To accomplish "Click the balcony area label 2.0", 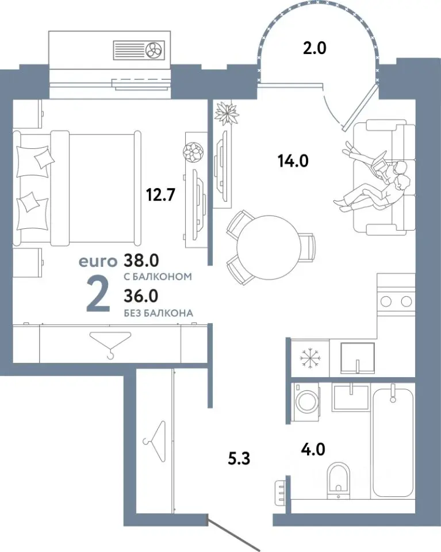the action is pos(315,48).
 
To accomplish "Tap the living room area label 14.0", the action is pos(293,161).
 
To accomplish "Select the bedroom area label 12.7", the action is pos(161,194).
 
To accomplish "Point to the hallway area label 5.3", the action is pos(239,459).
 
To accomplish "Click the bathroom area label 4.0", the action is pos(313,450).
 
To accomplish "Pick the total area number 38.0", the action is pos(141,260).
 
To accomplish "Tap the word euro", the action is pos(98,261).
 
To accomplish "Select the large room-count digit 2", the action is pos(98,294).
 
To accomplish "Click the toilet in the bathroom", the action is pos(339,481).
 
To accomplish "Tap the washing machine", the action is pos(306,402).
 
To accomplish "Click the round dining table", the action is pos(268,246).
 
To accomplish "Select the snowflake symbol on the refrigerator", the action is pos(310,358).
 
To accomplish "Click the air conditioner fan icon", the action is pos(155,49).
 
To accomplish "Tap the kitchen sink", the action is pos(357,357).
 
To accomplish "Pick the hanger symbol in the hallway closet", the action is pos(155,441).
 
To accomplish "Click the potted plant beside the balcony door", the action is pos(227,113).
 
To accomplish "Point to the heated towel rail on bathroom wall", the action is pos(281,491).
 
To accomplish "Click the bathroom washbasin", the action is pos(351,398).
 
